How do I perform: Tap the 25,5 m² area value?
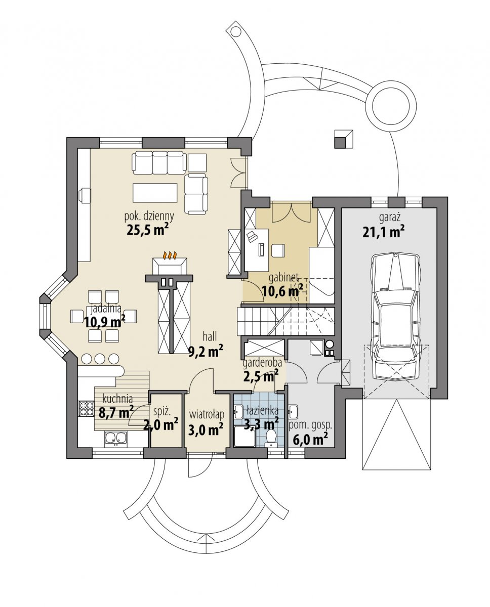[148, 230]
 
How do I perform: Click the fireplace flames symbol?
[170, 255]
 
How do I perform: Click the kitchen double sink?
[116, 439]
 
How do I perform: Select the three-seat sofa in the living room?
[159, 163]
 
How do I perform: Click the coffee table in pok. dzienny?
[155, 193]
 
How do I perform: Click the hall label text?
[210, 336]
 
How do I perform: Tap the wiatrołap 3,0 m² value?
[206, 429]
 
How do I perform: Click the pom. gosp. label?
[310, 425]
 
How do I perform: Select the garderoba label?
[262, 363]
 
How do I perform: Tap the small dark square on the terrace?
[340, 143]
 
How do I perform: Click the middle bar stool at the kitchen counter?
[100, 359]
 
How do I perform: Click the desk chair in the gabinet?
[278, 251]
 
